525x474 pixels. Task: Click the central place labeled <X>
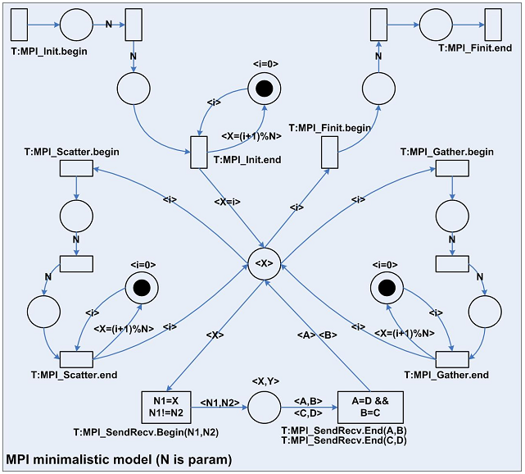265,264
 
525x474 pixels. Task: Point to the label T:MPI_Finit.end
476,48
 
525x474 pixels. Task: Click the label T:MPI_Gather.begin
446,152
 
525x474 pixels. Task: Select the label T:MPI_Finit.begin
329,128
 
